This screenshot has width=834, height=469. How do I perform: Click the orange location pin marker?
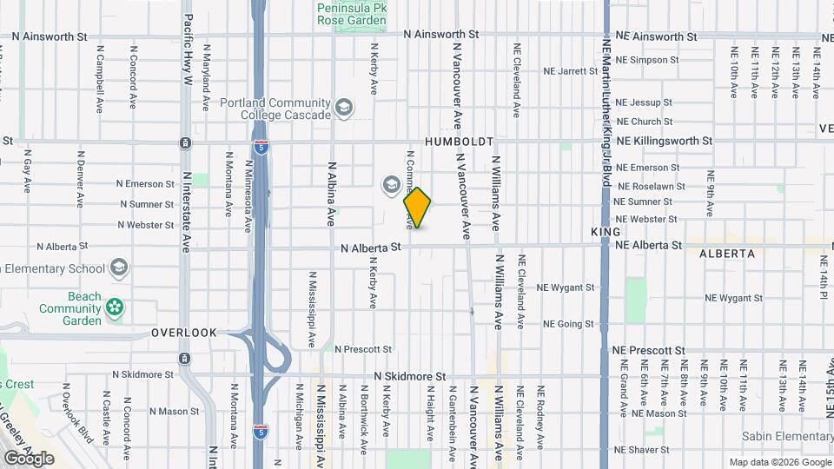click(x=417, y=208)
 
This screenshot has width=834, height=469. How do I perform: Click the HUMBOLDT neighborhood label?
click(x=459, y=141)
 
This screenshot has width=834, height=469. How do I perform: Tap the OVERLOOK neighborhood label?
click(x=183, y=333)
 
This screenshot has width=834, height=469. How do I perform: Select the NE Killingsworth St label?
click(x=664, y=140)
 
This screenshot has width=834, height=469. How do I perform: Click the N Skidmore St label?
click(x=409, y=377)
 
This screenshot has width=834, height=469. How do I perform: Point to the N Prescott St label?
click(x=362, y=349)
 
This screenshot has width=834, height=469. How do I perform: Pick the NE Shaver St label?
click(x=644, y=450)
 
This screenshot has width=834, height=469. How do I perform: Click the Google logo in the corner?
click(x=29, y=458)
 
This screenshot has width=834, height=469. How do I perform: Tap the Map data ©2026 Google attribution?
click(x=779, y=462)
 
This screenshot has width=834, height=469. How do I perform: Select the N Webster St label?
click(x=146, y=225)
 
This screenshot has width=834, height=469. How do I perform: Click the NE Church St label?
click(x=644, y=122)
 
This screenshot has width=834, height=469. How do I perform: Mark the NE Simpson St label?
click(x=647, y=60)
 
